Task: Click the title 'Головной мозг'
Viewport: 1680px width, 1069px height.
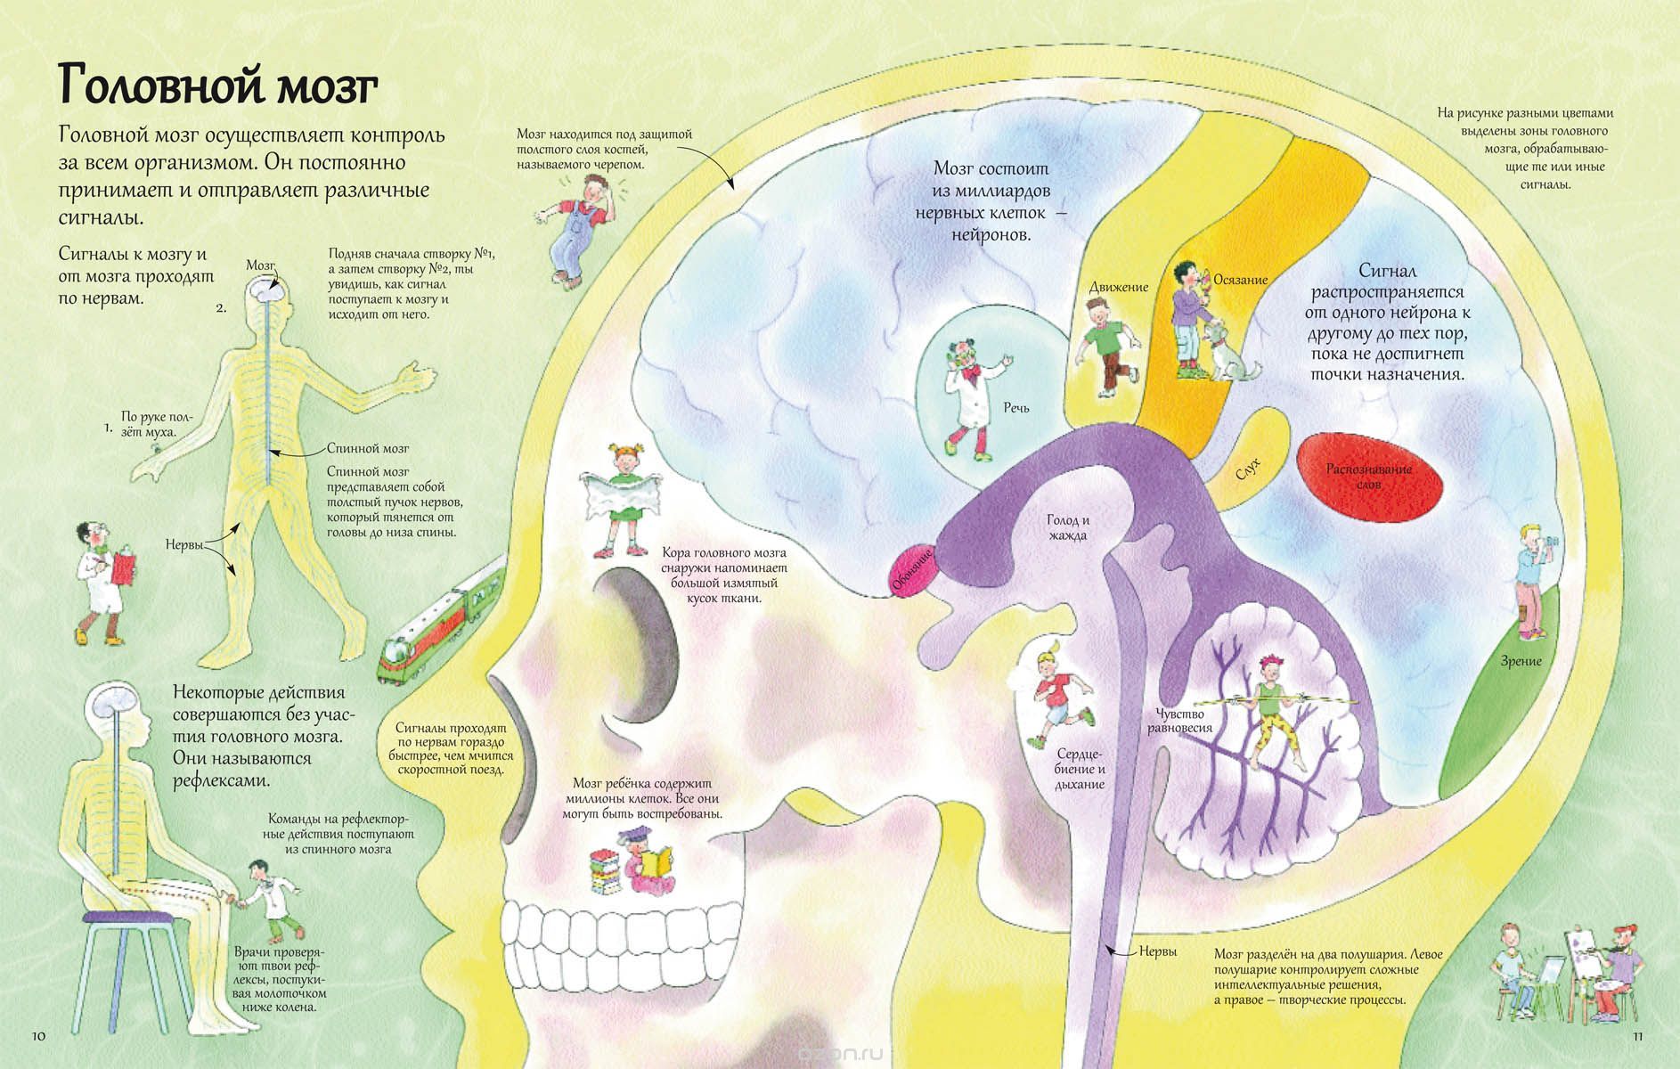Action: (218, 86)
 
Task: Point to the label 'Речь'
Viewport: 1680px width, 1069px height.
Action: (1015, 408)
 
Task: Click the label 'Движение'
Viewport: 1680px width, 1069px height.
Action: (1119, 287)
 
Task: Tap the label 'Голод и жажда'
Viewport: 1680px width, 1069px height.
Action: (1068, 527)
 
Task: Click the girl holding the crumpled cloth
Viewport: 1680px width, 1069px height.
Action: (621, 499)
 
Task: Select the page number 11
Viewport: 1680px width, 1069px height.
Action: (1637, 1036)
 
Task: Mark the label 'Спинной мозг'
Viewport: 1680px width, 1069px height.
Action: (368, 448)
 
